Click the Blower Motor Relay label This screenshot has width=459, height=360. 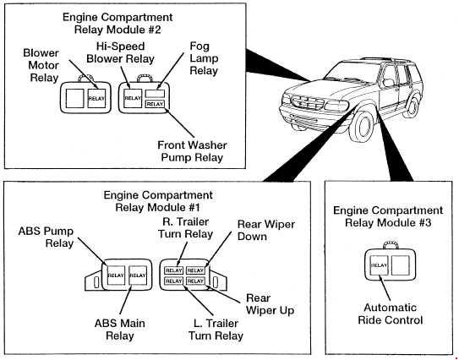click(41, 65)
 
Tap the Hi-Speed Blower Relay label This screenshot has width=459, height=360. click(120, 52)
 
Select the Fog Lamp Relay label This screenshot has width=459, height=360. click(204, 58)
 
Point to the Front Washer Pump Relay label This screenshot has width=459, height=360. click(193, 151)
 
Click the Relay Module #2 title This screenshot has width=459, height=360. click(117, 24)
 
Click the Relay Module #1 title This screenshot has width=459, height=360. click(158, 201)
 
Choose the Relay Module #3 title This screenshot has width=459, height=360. click(388, 216)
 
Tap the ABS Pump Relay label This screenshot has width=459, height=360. click(46, 237)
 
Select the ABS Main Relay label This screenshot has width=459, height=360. click(120, 330)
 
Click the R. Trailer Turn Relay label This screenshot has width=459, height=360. click(186, 228)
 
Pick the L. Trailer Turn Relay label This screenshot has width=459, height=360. click(216, 330)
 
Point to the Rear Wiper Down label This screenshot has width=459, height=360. click(265, 231)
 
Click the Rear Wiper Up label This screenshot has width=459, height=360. click(270, 304)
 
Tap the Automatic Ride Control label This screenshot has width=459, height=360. click(391, 314)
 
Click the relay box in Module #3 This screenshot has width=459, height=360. click(379, 265)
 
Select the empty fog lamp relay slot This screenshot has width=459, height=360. click(155, 94)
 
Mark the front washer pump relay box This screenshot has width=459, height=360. click(155, 104)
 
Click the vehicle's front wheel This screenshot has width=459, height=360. click(363, 127)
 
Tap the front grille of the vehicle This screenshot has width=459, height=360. click(308, 103)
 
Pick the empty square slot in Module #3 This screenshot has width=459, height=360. click(400, 265)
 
